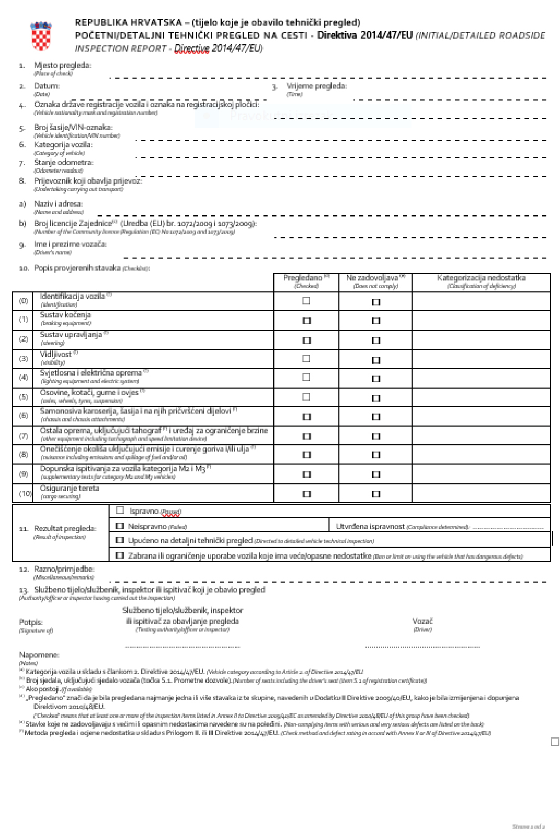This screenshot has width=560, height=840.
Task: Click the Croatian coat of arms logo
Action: point(41,36)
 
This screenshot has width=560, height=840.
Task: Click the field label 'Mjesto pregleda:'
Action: point(62,65)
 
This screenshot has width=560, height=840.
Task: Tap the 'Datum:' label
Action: point(47,86)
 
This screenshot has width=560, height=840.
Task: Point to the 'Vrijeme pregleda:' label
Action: point(316,86)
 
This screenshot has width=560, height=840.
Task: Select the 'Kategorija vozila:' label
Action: point(63,145)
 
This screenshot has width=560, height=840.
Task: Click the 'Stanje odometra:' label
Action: point(63,163)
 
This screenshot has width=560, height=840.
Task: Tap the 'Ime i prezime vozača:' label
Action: point(70,244)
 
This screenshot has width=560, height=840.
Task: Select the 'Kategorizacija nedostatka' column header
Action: point(481,278)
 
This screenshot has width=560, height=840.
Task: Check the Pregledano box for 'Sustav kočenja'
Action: point(307,321)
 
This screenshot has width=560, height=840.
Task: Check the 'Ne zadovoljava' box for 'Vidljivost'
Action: point(376,360)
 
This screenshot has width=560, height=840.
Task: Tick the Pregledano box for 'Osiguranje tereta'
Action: point(307,494)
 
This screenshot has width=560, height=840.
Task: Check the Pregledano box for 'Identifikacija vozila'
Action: point(306,301)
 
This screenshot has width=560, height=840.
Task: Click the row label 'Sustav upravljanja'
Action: point(71,335)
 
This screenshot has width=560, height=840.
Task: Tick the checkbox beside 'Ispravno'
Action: point(120,510)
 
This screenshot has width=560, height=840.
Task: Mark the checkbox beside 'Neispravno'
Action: point(120,526)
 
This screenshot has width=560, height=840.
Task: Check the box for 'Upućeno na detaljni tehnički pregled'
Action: point(120,540)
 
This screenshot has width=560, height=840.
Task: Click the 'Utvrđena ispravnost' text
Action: point(370,526)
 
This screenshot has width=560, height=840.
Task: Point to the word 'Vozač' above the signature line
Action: point(422,621)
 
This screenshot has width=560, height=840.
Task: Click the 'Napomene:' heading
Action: point(39,655)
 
